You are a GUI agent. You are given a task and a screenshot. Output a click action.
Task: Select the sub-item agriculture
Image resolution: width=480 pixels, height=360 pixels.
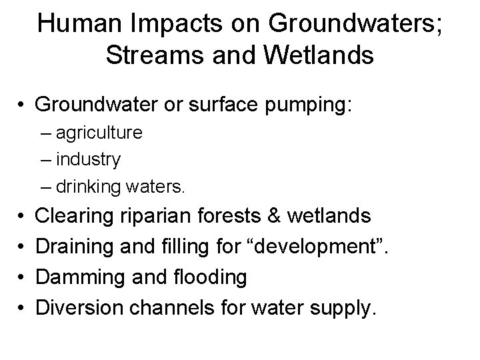coord(99,133)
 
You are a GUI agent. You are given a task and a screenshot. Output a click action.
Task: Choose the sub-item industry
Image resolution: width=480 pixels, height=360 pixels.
coord(89,160)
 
